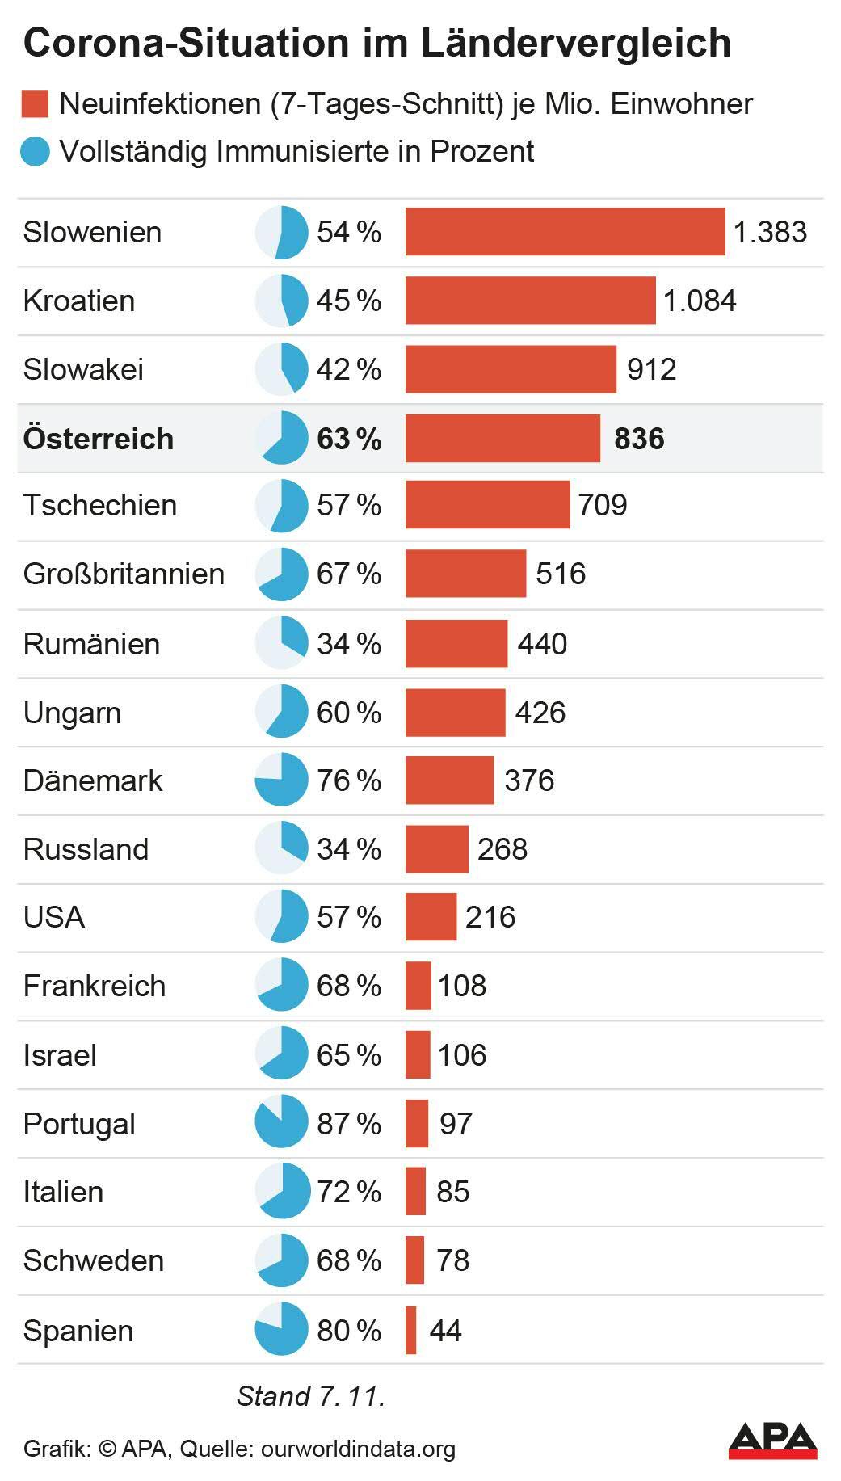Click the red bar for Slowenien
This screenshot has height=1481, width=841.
[x=565, y=232]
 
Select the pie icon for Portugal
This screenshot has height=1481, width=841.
[x=281, y=1122]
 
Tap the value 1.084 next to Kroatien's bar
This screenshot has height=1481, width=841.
[x=700, y=301]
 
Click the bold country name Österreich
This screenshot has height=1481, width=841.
[x=99, y=439]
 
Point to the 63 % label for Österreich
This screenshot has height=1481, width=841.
[x=349, y=439]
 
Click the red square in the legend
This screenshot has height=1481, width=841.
[x=36, y=104]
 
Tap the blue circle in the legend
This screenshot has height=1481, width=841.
[x=36, y=151]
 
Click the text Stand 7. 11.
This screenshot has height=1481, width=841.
[x=310, y=1395]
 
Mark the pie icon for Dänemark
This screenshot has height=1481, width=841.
[x=281, y=780]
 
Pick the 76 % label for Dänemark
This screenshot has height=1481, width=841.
[x=349, y=780]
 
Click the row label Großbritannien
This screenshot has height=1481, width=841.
[x=124, y=574]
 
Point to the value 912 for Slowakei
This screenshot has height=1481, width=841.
[x=651, y=369]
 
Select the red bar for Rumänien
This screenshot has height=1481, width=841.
[x=456, y=644]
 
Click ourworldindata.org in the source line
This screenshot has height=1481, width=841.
[x=358, y=1449]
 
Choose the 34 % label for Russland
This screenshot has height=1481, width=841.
[x=349, y=849]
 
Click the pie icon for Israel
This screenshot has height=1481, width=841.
[x=281, y=1054]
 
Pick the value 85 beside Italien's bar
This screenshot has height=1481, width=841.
[x=452, y=1192]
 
